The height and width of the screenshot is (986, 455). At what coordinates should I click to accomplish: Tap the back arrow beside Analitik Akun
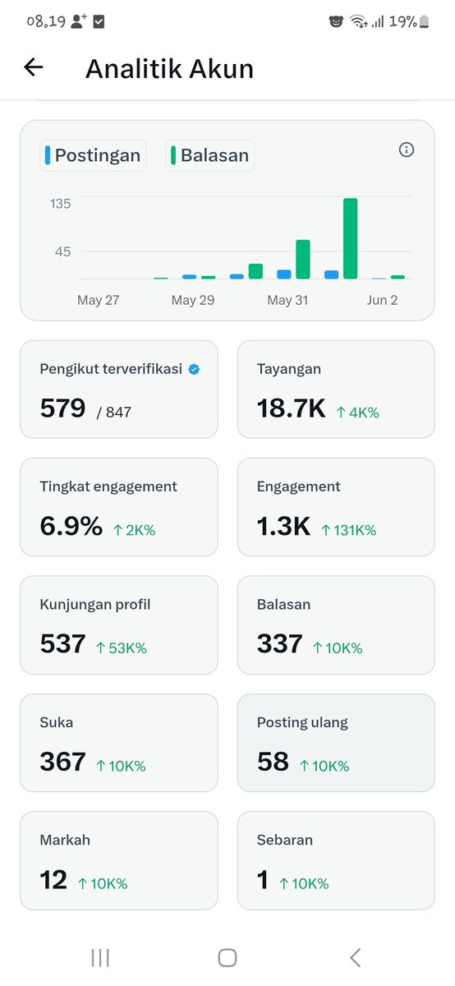pos(34,67)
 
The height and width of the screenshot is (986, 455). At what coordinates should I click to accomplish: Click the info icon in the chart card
pos(407,150)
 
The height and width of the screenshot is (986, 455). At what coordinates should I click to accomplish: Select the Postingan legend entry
pos(93,155)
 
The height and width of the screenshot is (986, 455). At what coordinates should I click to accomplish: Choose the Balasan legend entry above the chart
pos(210,155)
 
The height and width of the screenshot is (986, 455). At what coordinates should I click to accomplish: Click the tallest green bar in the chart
pos(350,238)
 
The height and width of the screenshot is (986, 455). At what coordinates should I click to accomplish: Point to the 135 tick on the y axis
pos(60,204)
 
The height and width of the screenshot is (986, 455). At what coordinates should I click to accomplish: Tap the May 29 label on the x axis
pos(193,300)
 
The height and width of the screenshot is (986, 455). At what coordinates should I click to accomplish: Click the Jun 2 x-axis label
pos(382,300)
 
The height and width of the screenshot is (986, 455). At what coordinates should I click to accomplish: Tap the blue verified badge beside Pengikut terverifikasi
pos(194,369)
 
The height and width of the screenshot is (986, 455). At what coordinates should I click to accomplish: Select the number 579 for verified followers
pos(62,408)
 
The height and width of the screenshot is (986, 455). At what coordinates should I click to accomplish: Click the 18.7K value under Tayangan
pos(292,408)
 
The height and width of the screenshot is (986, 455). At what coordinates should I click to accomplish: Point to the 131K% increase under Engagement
pos(348,530)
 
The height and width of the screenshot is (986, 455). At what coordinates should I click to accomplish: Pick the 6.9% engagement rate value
pos(71,526)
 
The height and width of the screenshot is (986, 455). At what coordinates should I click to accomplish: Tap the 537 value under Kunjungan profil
pos(62,643)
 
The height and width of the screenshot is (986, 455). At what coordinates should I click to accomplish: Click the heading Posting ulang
pos(302,722)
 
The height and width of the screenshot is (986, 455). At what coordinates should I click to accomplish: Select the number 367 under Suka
pos(62,762)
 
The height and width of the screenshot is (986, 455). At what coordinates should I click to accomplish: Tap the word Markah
pos(65,840)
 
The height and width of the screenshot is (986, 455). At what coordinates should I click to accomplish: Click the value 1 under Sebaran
pos(263,879)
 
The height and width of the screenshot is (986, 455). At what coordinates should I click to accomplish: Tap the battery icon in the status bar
pos(424,21)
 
